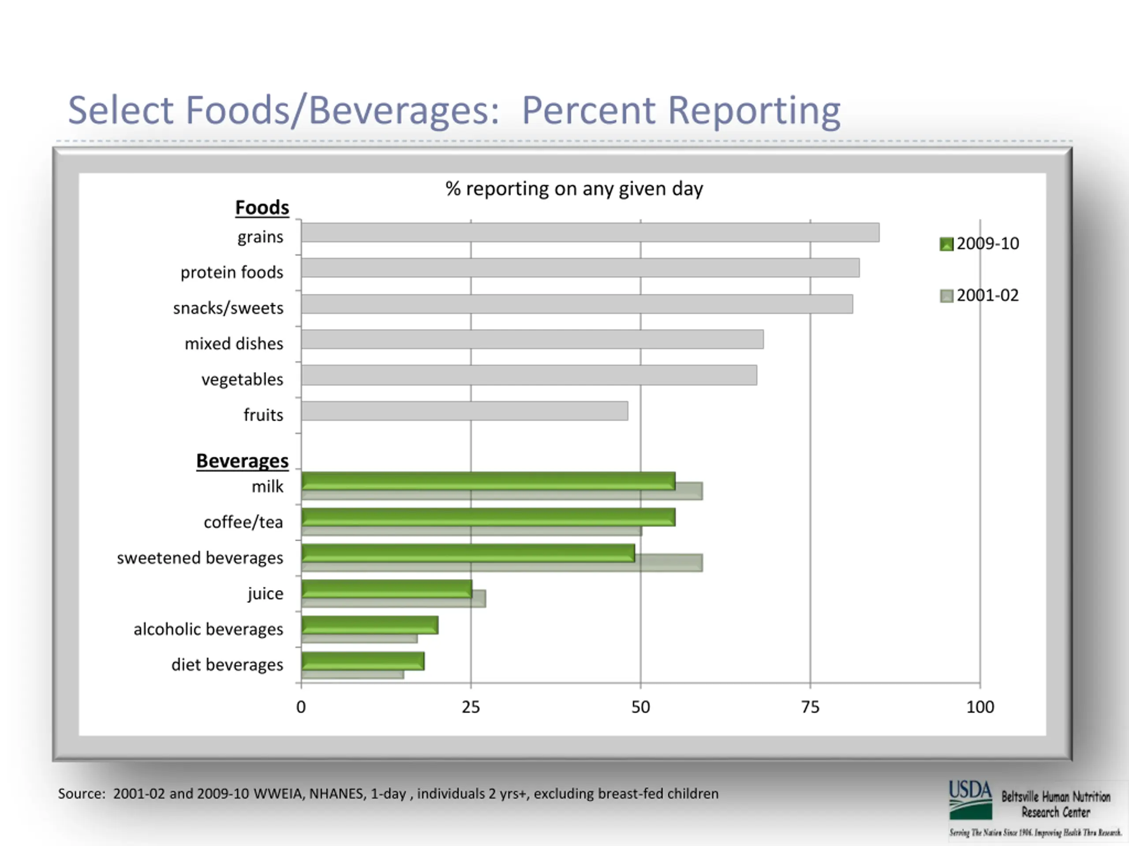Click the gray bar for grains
point(590,233)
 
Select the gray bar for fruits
point(464,411)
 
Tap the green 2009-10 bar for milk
point(488,481)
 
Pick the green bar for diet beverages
point(363,661)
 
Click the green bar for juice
point(386,589)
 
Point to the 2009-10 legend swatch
point(946,244)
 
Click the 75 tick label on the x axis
point(810,707)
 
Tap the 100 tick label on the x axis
point(980,707)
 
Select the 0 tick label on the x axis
point(301,707)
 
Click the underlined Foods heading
point(262,208)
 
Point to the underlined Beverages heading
point(243,461)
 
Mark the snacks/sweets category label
point(228,308)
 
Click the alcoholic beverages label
point(208,629)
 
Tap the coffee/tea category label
point(243,522)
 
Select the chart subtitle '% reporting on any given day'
point(574,189)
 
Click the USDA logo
point(970,800)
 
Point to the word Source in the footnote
point(81,794)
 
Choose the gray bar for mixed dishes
point(532,340)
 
